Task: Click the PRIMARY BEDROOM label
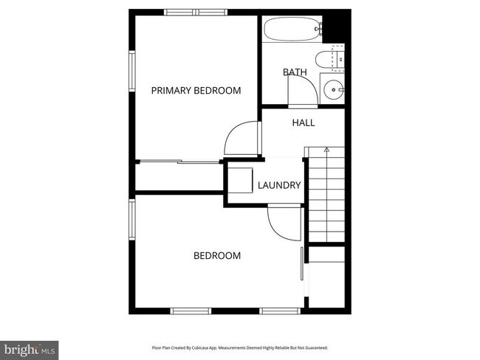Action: pos(196,91)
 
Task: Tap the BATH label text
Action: pos(295,72)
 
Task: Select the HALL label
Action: pos(304,122)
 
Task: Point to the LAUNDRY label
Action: pos(278,185)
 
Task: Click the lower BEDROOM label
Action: pos(217,256)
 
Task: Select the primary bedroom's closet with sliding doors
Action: pos(179,177)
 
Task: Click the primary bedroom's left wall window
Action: pos(133,72)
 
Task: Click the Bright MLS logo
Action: pos(30,347)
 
